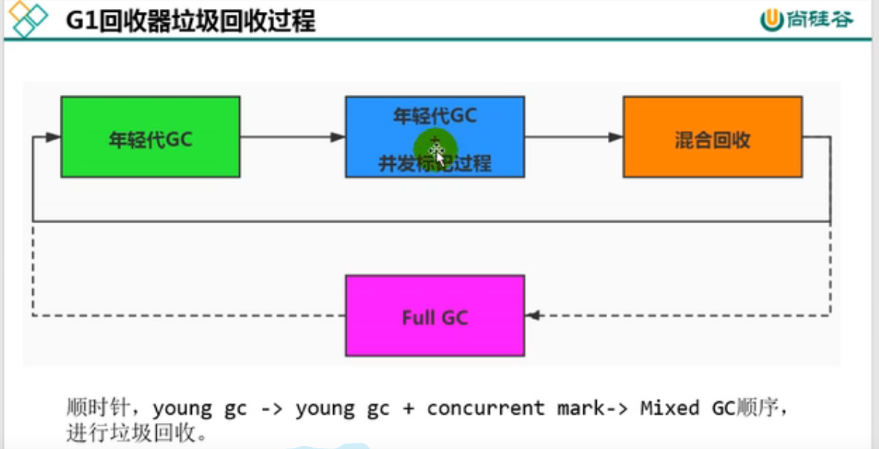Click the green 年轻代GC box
tap(150, 137)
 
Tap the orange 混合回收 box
tap(712, 137)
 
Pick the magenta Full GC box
tap(435, 315)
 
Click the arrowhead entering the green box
tap(52, 137)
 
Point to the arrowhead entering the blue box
tap(338, 137)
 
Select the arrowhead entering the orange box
tap(615, 137)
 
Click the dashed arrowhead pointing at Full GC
tap(533, 315)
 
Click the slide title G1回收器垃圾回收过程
tap(190, 20)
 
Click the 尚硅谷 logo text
tap(819, 20)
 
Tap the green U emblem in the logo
tap(771, 20)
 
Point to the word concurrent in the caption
tap(485, 408)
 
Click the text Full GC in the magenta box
tap(435, 317)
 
